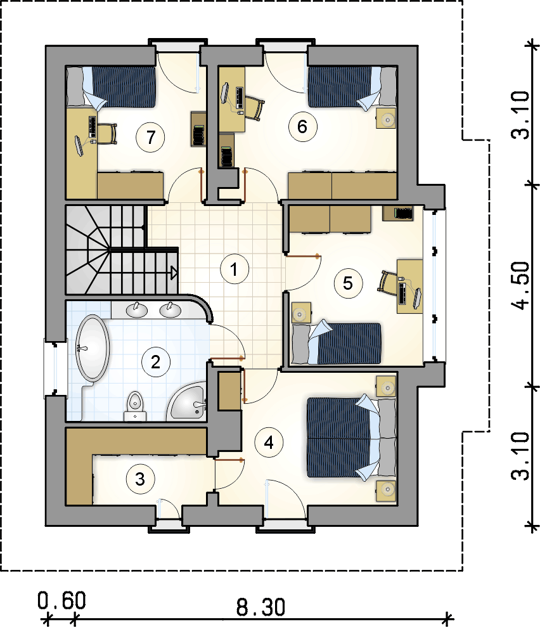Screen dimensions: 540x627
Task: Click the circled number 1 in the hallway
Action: pyautogui.click(x=235, y=269)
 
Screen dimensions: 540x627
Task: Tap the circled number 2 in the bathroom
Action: pyautogui.click(x=156, y=362)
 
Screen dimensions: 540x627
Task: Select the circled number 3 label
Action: pyautogui.click(x=140, y=479)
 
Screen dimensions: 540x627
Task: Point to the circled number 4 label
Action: pyautogui.click(x=269, y=443)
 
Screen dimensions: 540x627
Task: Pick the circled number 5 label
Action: pyautogui.click(x=348, y=283)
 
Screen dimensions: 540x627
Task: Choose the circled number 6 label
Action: pyautogui.click(x=302, y=127)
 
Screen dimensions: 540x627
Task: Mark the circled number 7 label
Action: pyautogui.click(x=150, y=137)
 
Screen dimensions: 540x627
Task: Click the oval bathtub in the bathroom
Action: pyautogui.click(x=93, y=348)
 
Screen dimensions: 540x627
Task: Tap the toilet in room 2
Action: pyautogui.click(x=135, y=406)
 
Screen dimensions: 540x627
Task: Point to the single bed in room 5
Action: pyautogui.click(x=336, y=343)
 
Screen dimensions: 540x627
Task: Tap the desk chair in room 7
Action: pyautogui.click(x=107, y=134)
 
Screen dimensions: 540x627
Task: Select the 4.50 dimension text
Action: pyautogui.click(x=522, y=285)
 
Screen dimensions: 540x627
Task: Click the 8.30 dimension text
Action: pyautogui.click(x=260, y=607)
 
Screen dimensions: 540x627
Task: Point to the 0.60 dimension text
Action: pyautogui.click(x=61, y=600)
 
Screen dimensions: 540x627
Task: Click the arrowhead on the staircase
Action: pyautogui.click(x=174, y=273)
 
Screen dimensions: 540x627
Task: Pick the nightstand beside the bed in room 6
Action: pyautogui.click(x=386, y=119)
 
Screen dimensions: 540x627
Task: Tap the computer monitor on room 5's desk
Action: pyautogui.click(x=417, y=299)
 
